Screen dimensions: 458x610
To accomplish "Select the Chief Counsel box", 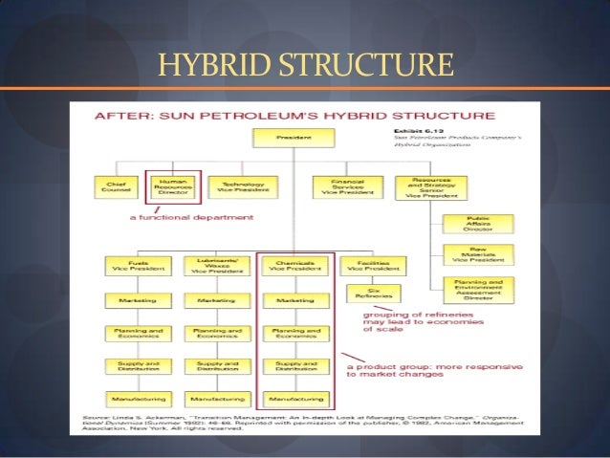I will [117, 185].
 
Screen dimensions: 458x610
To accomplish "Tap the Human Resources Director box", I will [173, 185].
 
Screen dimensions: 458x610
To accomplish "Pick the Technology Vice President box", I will [234, 185].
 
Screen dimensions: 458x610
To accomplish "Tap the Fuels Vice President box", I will [137, 266].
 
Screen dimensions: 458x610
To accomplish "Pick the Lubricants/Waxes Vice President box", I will [215, 266].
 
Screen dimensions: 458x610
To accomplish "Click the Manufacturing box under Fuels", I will [137, 396].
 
